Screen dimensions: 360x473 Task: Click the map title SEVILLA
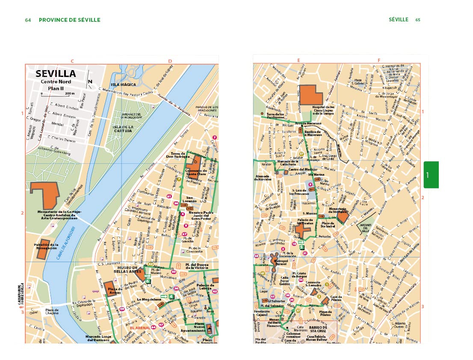pyautogui.click(x=56, y=74)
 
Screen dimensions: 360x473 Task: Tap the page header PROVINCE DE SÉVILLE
pyautogui.click(x=69, y=20)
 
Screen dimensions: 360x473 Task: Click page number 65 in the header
pyautogui.click(x=418, y=20)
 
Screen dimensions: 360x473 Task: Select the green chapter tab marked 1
pyautogui.click(x=431, y=174)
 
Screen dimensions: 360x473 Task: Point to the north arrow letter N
pyautogui.click(x=89, y=82)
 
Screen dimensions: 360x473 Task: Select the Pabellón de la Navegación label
pyautogui.click(x=46, y=246)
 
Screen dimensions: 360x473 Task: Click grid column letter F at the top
pyautogui.click(x=378, y=60)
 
